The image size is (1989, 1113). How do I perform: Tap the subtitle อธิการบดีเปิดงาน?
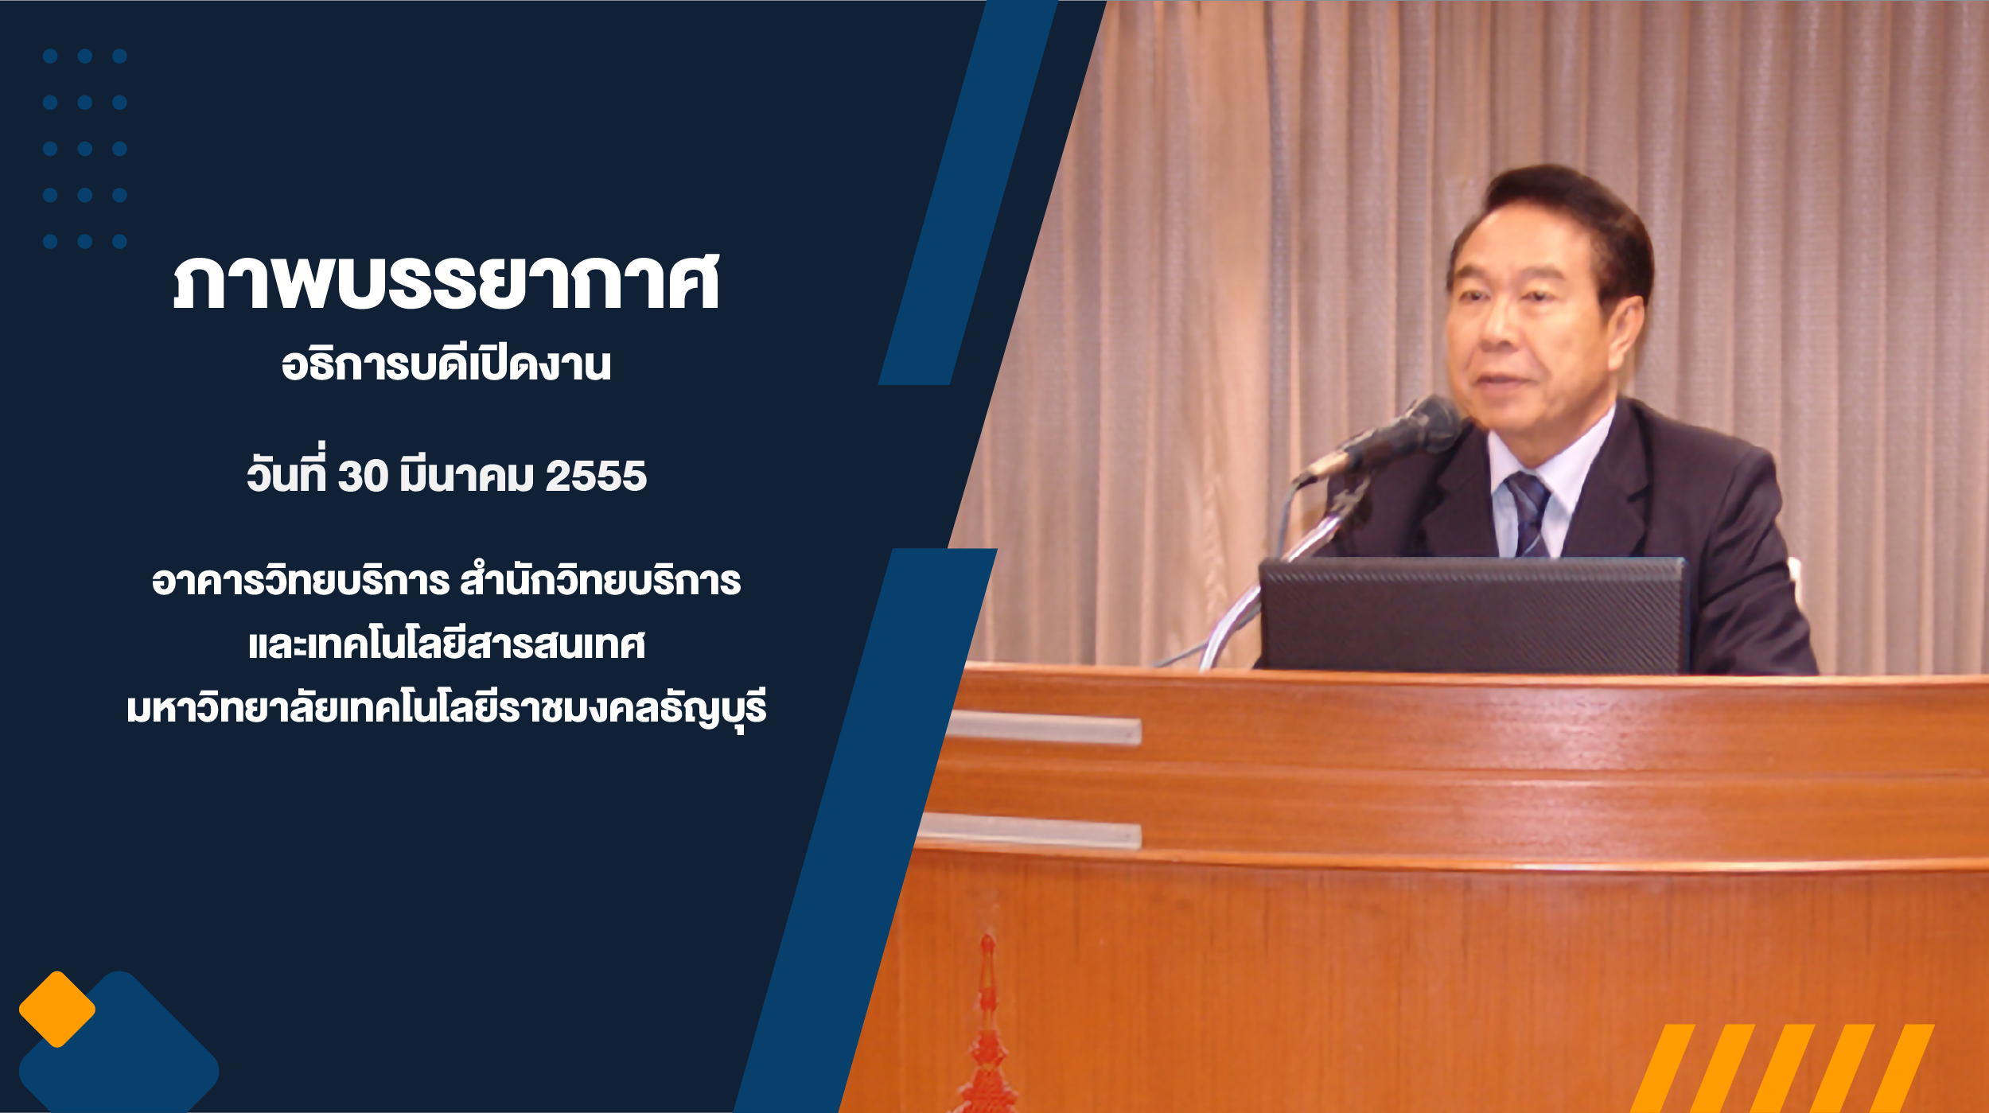[x=446, y=364]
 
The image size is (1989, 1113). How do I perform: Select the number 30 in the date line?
[x=363, y=477]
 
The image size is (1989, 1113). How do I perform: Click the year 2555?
[x=596, y=477]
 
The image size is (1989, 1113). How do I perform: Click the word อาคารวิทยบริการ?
[x=301, y=580]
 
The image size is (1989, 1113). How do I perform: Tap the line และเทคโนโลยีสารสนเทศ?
[x=446, y=644]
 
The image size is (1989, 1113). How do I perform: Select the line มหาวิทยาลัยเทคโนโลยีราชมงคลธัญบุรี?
[x=446, y=708]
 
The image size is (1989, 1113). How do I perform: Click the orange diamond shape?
[x=56, y=1009]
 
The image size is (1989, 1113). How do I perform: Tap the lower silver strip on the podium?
[x=1030, y=830]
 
